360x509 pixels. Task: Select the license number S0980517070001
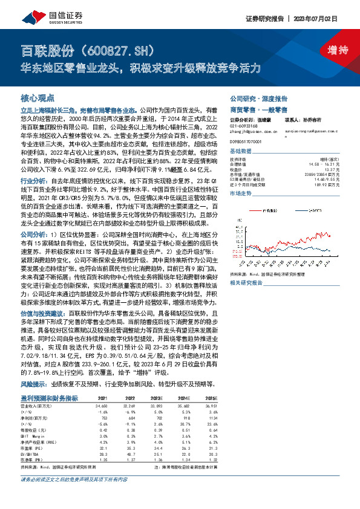249,140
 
